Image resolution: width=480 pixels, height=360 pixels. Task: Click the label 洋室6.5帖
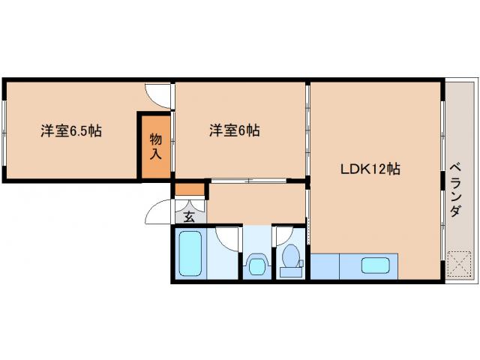71,130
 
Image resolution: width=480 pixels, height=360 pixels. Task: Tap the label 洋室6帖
234,130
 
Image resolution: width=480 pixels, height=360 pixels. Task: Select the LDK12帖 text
370,169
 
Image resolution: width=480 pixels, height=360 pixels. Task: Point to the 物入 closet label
156,146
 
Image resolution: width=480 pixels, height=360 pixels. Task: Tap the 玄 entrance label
189,217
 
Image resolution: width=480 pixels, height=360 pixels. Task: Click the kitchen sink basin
374,265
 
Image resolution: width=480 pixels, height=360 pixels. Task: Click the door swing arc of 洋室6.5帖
158,96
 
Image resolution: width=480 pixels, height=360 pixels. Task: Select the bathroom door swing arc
227,238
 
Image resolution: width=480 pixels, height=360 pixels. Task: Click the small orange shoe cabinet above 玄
190,190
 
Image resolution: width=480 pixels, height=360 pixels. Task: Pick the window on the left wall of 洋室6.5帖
4,130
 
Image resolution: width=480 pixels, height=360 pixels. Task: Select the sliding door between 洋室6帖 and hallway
247,181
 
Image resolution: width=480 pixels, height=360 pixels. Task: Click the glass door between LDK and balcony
442,180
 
